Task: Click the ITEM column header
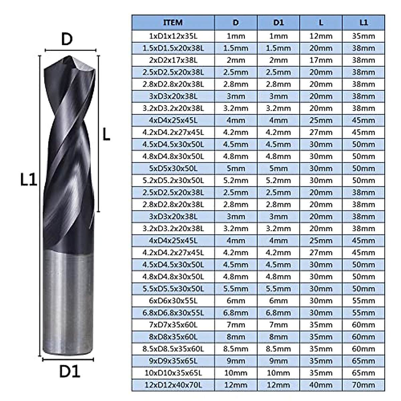(x=173, y=23)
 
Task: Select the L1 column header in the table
(x=363, y=23)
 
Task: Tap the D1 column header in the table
(x=278, y=23)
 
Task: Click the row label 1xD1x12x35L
(x=173, y=36)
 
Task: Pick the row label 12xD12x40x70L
(x=173, y=385)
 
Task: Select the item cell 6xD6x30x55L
(x=173, y=301)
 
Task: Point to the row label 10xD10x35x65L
(x=173, y=373)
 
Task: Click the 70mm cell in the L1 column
(x=363, y=385)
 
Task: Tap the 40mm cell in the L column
(x=320, y=385)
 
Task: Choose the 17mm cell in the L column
(x=320, y=60)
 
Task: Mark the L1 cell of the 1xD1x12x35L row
(x=363, y=36)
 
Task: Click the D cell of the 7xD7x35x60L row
(x=236, y=325)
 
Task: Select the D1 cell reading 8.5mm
(x=278, y=349)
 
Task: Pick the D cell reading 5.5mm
(x=236, y=289)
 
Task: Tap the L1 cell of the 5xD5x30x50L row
(x=363, y=168)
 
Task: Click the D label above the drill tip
(x=67, y=39)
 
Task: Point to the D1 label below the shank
(x=70, y=371)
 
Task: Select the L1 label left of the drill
(x=28, y=180)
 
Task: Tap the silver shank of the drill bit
(x=68, y=301)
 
